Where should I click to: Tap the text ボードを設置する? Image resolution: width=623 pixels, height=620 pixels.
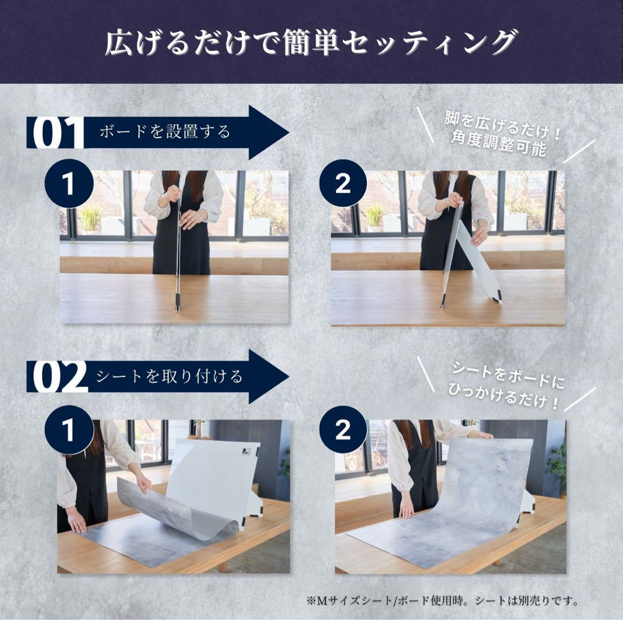165,132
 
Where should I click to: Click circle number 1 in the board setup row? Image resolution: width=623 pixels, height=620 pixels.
69,184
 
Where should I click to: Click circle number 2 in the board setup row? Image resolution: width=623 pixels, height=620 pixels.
343,184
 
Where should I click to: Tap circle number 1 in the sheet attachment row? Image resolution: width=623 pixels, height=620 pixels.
69,430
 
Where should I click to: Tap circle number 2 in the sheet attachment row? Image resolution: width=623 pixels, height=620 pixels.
343,430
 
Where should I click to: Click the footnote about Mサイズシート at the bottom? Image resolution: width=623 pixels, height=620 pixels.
459,600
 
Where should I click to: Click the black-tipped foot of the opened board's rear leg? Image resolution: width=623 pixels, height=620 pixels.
498,300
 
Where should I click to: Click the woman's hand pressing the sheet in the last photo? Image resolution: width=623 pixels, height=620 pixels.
407,511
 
